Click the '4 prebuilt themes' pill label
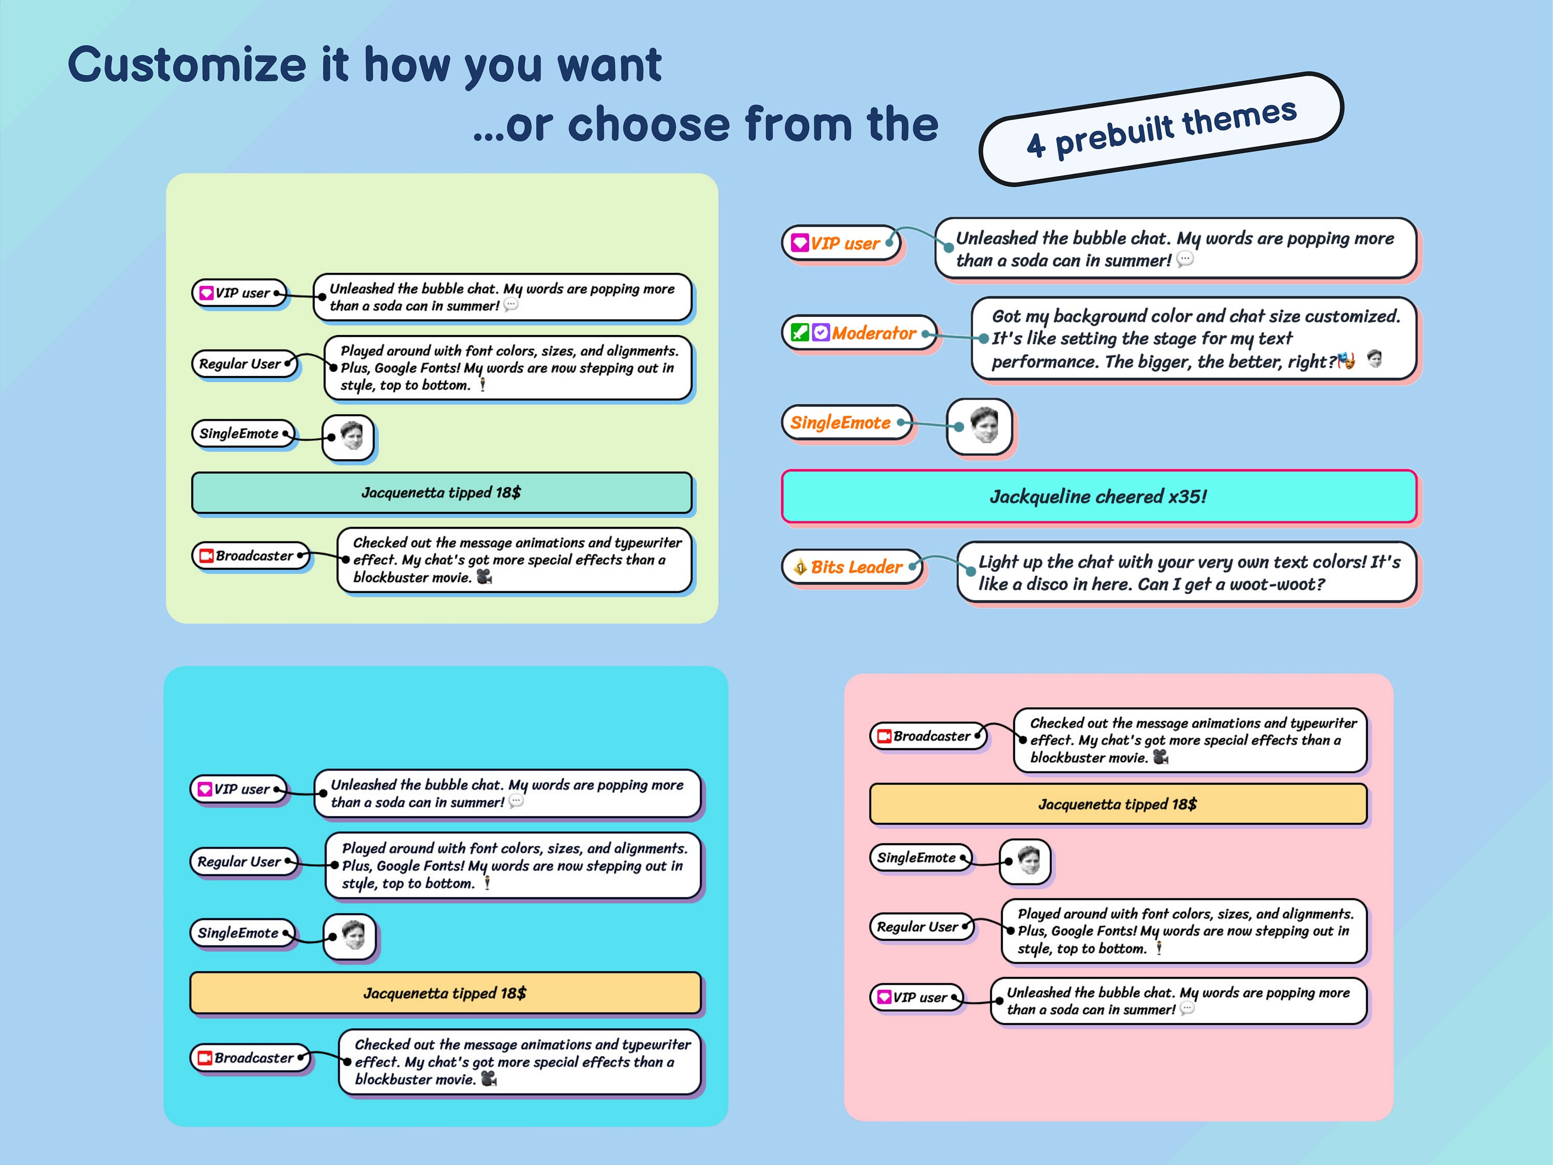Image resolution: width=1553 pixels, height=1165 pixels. point(1161,128)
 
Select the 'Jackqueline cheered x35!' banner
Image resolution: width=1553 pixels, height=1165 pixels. point(1099,497)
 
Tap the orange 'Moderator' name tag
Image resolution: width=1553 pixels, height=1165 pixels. point(859,333)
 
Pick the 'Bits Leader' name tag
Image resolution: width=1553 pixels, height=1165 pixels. point(852,566)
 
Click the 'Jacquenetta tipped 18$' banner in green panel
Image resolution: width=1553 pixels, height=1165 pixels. point(442,492)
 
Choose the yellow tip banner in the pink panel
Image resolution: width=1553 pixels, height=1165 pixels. point(1118,804)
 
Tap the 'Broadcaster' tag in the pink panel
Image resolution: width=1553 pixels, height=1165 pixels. point(928,736)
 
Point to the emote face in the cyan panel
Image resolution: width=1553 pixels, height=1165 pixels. point(353,935)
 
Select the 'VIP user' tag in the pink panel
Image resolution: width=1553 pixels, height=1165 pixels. point(916,997)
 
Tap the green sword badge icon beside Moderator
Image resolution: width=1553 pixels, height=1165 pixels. point(800,332)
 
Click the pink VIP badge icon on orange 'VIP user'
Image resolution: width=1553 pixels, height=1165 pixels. point(800,243)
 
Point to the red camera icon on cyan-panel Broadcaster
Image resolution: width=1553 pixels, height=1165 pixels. point(205,1057)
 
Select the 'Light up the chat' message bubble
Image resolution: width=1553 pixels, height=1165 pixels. point(1187,572)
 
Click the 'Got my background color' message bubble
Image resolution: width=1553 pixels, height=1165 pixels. point(1194,339)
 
